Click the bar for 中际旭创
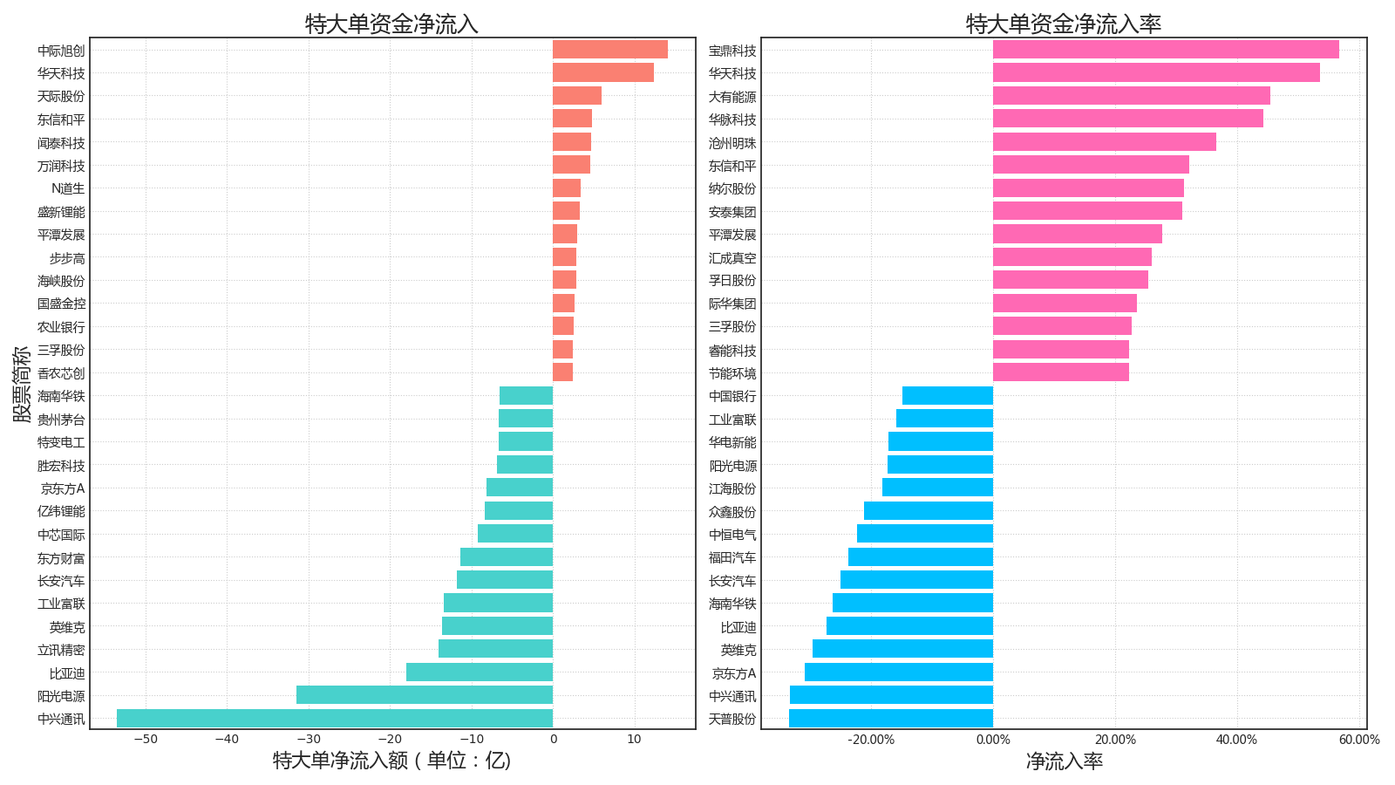tap(609, 50)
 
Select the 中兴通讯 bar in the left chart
tap(335, 719)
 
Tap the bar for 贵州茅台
tap(526, 419)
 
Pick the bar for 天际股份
tap(576, 96)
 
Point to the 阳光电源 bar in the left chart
tap(425, 695)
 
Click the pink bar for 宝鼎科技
tap(1166, 50)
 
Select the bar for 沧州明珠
tap(1104, 142)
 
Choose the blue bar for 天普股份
tap(891, 719)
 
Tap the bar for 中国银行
tap(948, 396)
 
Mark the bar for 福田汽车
tap(921, 557)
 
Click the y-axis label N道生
tap(68, 188)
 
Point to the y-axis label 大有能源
tap(732, 97)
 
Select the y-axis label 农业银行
tap(61, 327)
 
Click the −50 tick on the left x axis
tap(145, 740)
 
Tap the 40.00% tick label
tap(1237, 741)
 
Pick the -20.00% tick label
tap(872, 741)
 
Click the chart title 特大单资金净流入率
tap(1064, 24)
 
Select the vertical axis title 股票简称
tap(22, 384)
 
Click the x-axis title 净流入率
tap(1064, 761)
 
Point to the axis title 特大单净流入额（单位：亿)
tap(391, 761)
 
